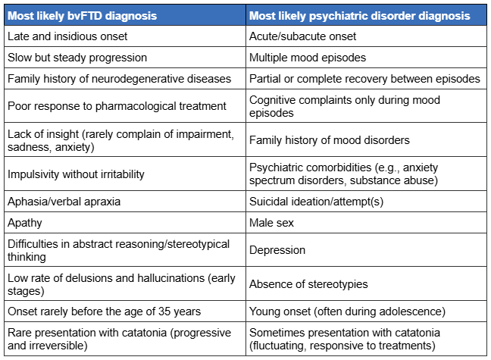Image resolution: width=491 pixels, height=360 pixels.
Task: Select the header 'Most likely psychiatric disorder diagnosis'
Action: tap(359, 16)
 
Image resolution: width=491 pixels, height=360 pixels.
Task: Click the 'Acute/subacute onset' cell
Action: tap(302, 36)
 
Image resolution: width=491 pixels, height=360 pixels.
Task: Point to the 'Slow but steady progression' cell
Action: tap(77, 58)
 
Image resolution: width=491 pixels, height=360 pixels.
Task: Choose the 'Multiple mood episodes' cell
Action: tap(308, 58)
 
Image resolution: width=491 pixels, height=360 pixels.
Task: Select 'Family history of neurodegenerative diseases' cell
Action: tap(119, 79)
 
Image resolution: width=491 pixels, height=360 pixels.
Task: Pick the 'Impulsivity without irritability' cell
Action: tap(76, 174)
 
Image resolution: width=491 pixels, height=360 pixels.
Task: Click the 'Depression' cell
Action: tap(277, 250)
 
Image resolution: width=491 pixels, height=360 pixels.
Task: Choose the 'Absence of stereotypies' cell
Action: tap(308, 284)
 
